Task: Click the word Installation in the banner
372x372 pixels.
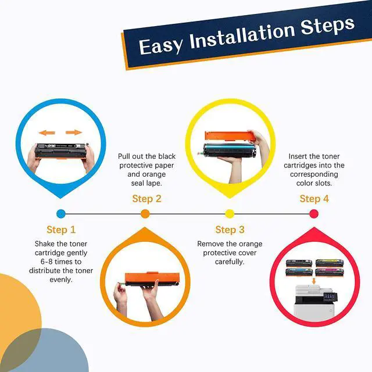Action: coord(242,36)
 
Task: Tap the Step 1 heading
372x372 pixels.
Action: coord(61,230)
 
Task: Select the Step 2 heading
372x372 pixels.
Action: coord(146,199)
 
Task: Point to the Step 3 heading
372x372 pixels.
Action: coord(230,230)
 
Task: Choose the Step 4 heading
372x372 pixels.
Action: coord(314,199)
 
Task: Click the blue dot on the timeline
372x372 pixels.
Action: coord(61,214)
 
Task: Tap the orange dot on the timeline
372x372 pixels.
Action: coord(145,214)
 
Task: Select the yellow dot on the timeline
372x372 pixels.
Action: coord(230,214)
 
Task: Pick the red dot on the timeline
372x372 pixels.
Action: coord(314,214)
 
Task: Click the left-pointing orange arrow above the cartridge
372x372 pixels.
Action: coord(46,133)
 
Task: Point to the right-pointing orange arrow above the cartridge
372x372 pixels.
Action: coord(74,133)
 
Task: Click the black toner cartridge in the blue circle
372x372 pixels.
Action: coord(62,151)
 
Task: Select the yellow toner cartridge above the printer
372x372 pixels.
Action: coord(330,263)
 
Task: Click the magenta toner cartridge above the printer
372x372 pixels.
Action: coord(330,272)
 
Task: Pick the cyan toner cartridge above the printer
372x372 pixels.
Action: coord(299,272)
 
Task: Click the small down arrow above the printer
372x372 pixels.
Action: coord(314,281)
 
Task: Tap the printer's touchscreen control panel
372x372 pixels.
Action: coord(330,296)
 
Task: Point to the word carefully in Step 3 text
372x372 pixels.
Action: coord(230,262)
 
